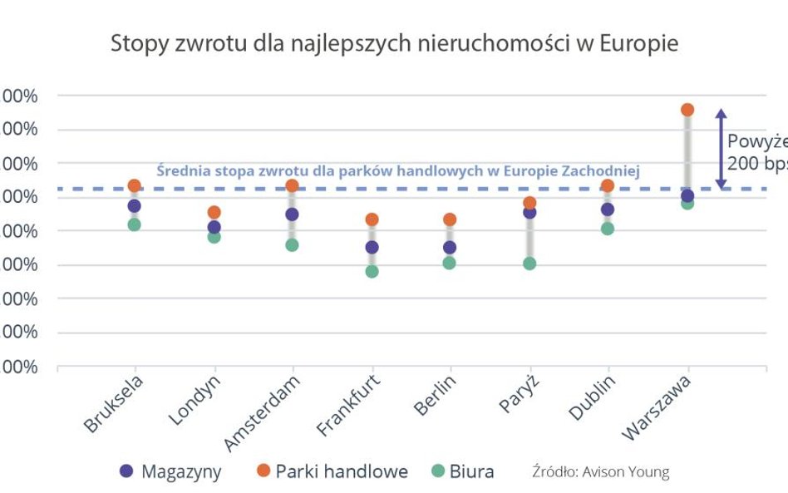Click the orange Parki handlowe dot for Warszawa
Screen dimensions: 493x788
pos(687,110)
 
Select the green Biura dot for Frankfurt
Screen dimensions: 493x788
pos(372,271)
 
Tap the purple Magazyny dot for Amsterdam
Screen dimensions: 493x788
pos(292,214)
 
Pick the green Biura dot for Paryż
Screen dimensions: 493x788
pos(529,264)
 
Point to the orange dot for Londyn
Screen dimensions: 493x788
pos(214,212)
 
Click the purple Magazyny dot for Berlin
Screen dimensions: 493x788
pos(450,247)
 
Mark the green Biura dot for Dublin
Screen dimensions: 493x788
pos(608,229)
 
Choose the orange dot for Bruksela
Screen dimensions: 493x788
pos(134,185)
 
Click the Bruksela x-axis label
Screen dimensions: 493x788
pos(114,404)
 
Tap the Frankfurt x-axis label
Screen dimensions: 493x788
pos(350,407)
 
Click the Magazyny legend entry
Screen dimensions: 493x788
pos(171,471)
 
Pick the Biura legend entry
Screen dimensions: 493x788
pos(460,471)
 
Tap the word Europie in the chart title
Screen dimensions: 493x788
pos(635,44)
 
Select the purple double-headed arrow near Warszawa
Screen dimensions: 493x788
pos(722,148)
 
